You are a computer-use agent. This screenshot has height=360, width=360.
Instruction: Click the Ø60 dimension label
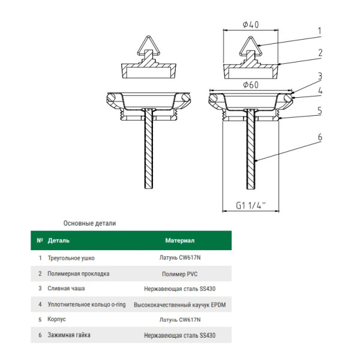(x=251, y=85)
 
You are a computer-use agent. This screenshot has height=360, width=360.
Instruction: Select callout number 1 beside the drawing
(x=320, y=31)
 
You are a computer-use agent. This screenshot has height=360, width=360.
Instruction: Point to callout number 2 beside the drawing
(x=320, y=52)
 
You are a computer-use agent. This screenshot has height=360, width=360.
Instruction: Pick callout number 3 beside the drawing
(x=320, y=76)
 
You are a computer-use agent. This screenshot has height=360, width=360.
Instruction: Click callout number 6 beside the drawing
(x=320, y=137)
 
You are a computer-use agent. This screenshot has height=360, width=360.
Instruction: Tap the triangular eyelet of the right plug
(x=251, y=46)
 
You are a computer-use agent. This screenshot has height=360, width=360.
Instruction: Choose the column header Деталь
(x=59, y=241)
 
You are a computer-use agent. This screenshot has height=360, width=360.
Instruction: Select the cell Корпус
(x=58, y=320)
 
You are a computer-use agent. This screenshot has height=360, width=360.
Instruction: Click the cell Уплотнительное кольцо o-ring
(x=86, y=304)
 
